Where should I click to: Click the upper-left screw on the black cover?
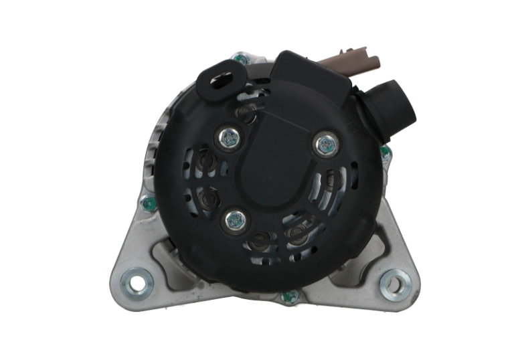point(226,138)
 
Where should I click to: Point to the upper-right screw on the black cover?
point(326,143)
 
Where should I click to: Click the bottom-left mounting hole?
point(137,284)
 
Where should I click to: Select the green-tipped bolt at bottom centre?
point(289,296)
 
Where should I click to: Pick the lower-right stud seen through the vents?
point(296,235)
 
